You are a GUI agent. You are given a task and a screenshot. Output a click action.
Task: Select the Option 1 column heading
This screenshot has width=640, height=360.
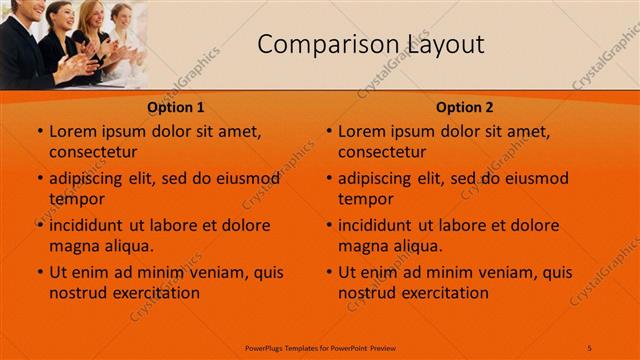click(x=176, y=107)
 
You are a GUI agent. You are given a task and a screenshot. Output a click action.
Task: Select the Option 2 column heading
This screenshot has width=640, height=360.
click(x=465, y=107)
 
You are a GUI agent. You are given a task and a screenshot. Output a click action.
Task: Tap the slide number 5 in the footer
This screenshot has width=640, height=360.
click(x=590, y=347)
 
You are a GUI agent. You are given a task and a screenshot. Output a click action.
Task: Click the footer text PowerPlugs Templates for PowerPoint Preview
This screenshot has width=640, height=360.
click(x=320, y=347)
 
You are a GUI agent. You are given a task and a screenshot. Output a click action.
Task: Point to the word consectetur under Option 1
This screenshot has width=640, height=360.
click(x=93, y=152)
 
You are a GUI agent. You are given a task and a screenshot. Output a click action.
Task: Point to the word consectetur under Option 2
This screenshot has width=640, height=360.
click(x=382, y=152)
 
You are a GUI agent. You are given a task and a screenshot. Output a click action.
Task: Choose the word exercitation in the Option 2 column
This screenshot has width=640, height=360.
click(x=442, y=293)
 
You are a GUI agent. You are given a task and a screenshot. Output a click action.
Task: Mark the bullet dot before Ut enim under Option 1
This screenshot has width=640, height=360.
click(x=39, y=273)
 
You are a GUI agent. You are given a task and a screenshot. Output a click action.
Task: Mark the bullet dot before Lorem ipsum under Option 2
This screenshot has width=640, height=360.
click(x=328, y=132)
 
